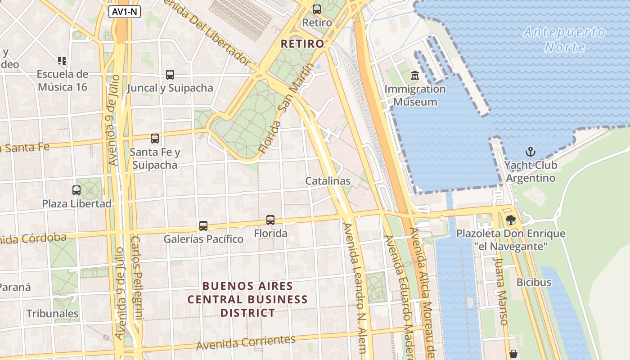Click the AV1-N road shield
click(125, 12)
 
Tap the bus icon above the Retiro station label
click(317, 9)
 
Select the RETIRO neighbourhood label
click(302, 44)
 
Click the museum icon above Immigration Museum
click(415, 76)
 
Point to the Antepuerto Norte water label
click(565, 40)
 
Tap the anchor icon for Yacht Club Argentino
click(531, 152)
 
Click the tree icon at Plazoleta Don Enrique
click(510, 220)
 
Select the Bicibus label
click(534, 283)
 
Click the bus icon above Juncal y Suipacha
click(170, 75)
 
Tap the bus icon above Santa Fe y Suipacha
click(155, 139)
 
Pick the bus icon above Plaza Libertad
click(76, 190)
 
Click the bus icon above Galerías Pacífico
click(203, 226)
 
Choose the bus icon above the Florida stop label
click(270, 220)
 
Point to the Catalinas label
click(328, 181)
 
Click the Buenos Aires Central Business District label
click(247, 299)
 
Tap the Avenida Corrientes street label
click(246, 342)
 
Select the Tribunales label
click(53, 314)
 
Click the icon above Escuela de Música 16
click(62, 60)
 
